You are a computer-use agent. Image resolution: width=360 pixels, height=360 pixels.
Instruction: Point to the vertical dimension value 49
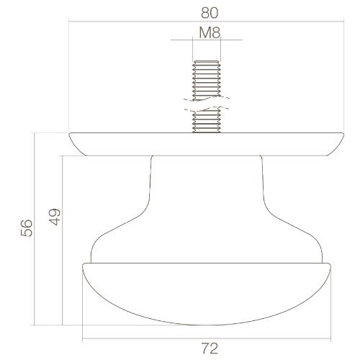(x=55, y=218)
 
